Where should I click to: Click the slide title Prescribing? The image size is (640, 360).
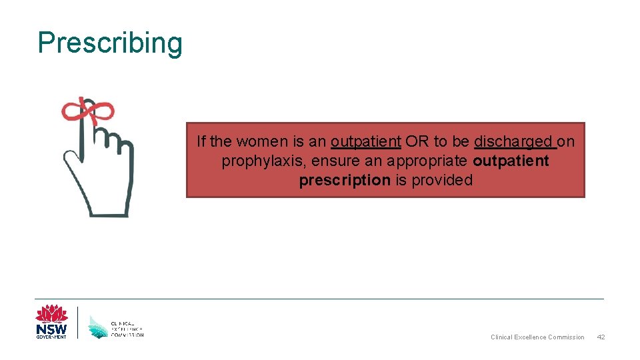[x=110, y=43]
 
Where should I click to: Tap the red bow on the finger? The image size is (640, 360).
[x=87, y=111]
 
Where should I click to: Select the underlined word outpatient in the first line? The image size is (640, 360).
[x=365, y=142]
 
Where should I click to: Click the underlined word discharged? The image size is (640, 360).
[x=514, y=142]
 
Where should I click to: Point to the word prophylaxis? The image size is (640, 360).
[x=259, y=161]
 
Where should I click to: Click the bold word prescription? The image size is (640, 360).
[x=345, y=181]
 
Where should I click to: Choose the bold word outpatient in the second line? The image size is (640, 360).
[x=511, y=161]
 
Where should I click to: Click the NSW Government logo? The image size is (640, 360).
[x=51, y=323]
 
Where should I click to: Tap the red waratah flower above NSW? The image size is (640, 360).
[x=51, y=313]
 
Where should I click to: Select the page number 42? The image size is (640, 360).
[x=600, y=337]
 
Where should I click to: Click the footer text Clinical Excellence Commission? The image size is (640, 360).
[x=537, y=337]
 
